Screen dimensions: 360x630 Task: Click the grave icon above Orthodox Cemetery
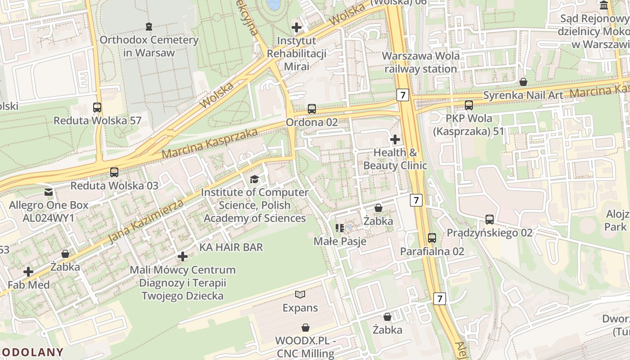149,27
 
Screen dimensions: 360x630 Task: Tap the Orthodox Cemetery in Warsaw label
149,46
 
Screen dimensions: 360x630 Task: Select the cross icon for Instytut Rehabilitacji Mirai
297,27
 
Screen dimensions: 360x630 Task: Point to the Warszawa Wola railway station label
420,63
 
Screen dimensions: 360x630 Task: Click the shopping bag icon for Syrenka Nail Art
523,82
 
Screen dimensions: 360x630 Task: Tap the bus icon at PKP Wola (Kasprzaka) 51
468,105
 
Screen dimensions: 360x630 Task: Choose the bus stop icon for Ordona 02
311,109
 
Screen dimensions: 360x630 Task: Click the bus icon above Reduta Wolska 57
97,108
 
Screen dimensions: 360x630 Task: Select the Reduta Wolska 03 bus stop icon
114,172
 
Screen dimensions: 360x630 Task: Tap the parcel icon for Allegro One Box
49,192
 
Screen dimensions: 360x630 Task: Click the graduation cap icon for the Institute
255,180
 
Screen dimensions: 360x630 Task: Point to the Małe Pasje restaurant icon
340,228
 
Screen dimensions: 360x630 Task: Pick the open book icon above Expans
300,295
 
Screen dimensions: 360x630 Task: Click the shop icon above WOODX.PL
306,327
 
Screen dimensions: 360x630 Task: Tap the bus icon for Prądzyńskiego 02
490,220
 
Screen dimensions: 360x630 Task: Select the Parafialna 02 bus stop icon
432,238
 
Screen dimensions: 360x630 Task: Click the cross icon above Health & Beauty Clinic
395,139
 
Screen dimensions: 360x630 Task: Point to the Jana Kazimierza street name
146,222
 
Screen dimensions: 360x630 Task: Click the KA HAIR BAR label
231,247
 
